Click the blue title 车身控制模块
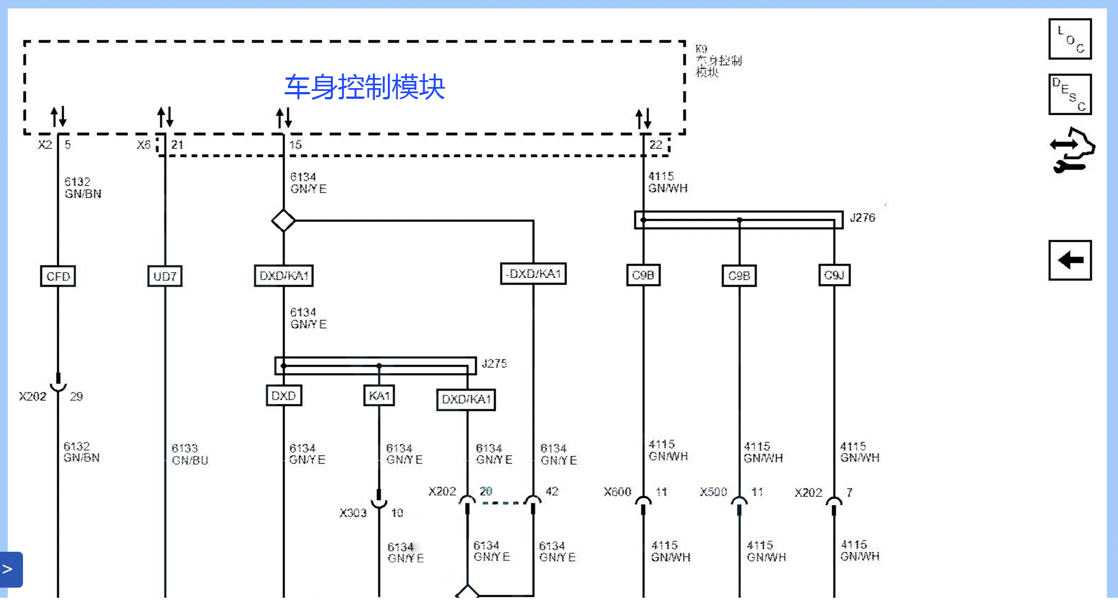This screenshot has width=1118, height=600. (x=364, y=87)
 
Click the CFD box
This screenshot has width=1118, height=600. (x=58, y=276)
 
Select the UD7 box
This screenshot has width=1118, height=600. (x=164, y=276)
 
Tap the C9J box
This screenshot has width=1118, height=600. (x=834, y=275)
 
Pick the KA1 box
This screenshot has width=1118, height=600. (x=379, y=396)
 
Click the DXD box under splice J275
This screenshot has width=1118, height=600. (x=283, y=396)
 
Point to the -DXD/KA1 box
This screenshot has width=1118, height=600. (x=533, y=274)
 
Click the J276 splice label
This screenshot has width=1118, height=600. (x=862, y=218)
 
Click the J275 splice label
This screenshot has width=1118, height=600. (x=494, y=364)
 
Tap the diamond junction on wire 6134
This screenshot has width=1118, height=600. (x=283, y=221)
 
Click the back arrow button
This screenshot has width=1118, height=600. (x=1070, y=260)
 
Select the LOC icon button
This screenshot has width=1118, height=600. (x=1070, y=39)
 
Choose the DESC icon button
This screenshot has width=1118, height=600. (x=1070, y=94)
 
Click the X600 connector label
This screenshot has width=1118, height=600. (x=617, y=492)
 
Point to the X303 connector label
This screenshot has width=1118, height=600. (x=352, y=513)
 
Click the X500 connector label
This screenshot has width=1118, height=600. (x=713, y=492)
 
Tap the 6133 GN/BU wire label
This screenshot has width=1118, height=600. (x=190, y=454)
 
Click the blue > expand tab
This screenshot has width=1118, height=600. (x=10, y=569)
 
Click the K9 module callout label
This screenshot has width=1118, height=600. (x=718, y=60)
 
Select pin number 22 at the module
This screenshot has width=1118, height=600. (x=656, y=145)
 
